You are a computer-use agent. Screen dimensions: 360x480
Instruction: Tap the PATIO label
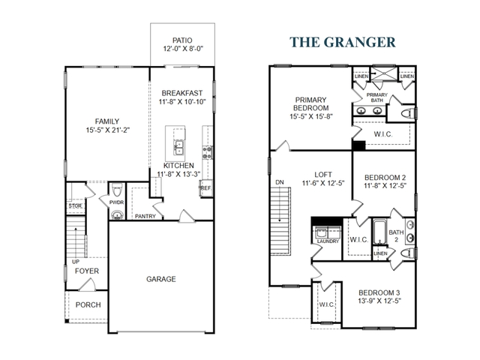[x=182, y=40]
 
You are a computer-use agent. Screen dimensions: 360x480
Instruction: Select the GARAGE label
[x=160, y=279]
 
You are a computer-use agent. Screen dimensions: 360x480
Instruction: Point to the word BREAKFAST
[x=182, y=93]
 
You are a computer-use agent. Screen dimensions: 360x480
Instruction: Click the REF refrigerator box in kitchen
[x=205, y=188]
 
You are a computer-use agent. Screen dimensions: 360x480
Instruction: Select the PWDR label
[x=116, y=202]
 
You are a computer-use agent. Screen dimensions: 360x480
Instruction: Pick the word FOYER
[x=87, y=271]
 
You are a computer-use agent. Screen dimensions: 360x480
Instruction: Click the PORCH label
[x=88, y=304]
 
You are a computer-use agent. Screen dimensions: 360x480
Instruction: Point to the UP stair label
[x=76, y=261]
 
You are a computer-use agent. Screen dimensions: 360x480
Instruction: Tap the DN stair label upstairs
[x=280, y=181]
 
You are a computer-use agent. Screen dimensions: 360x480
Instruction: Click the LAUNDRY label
[x=328, y=241]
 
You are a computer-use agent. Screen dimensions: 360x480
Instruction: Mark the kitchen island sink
[x=179, y=145]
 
